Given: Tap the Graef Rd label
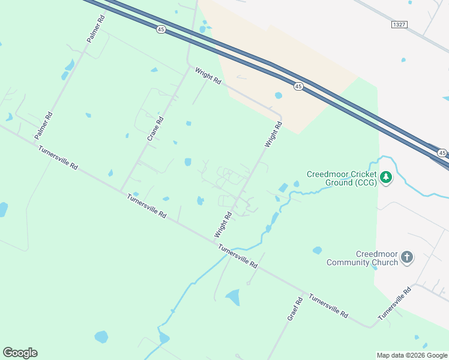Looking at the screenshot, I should coord(295,307).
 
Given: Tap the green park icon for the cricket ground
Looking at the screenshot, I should coord(386,177).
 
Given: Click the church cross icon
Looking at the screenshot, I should coord(407,257).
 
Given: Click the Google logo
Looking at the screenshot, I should coord(20,353).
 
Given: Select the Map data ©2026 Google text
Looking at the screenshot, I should coord(412,355).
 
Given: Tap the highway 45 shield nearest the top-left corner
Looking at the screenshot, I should coord(160,29).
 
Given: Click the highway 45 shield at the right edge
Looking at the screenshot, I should coord(442,153).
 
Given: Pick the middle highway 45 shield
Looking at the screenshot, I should coord(298,87).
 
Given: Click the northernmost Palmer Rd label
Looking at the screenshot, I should coord(95,28).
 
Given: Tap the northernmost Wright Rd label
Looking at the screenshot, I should coord(208,76).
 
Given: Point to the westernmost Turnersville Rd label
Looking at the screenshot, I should coord(58,158).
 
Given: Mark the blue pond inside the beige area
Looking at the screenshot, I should coord(278,95).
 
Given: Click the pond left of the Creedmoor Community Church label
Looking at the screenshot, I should coord(317,250).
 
